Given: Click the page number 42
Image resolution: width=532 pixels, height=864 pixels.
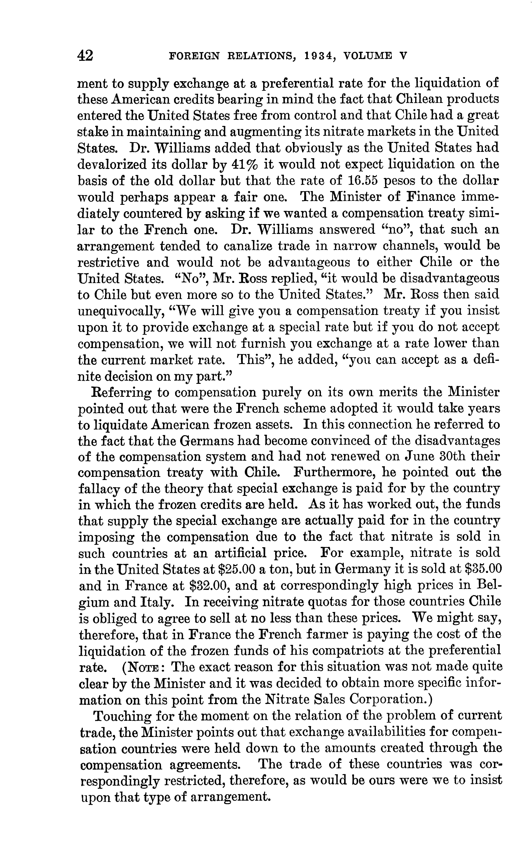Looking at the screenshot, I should pyautogui.click(x=86, y=56).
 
